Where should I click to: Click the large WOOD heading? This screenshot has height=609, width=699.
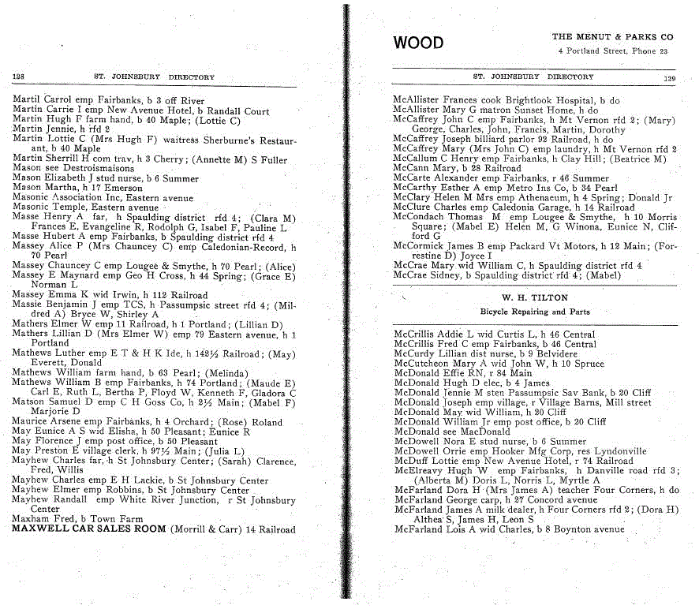click(418, 43)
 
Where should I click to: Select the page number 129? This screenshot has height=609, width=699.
click(670, 78)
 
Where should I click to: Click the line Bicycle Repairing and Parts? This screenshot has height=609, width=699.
click(535, 312)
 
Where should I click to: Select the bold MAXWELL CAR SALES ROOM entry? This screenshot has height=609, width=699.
click(89, 529)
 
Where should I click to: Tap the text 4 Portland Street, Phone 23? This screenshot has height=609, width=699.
click(612, 51)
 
